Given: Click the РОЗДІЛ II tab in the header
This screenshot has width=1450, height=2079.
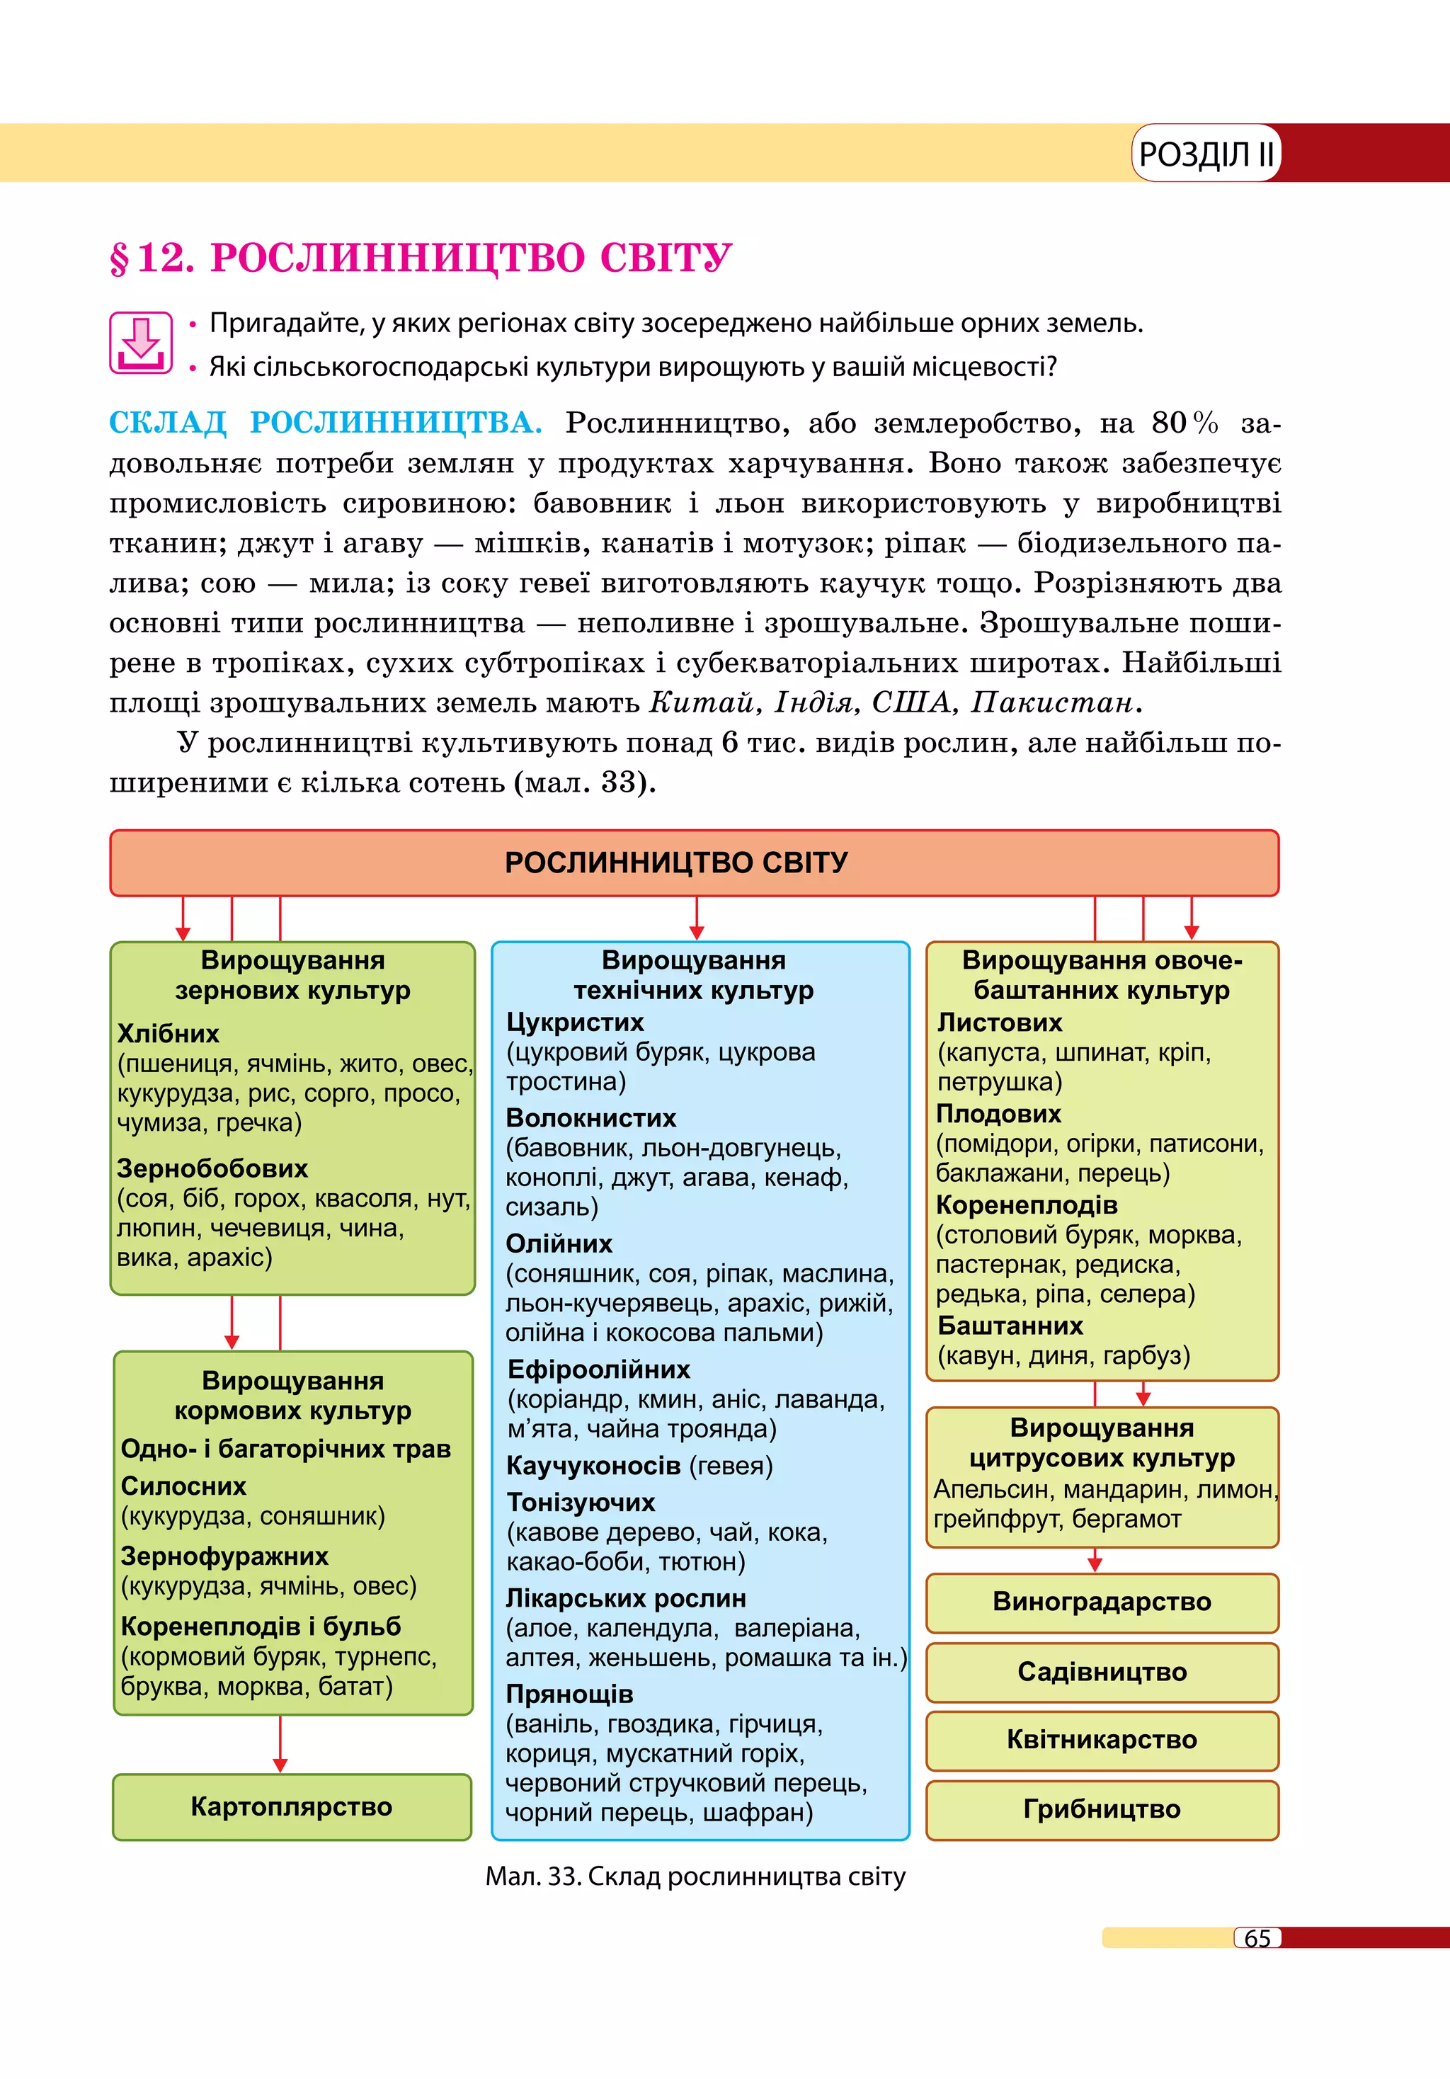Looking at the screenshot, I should tap(1205, 154).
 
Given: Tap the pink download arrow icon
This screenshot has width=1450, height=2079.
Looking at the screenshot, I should tap(140, 342).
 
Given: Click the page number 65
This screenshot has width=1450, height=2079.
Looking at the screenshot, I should tap(1257, 1938).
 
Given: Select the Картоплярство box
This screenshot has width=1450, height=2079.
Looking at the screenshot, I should tap(292, 1806).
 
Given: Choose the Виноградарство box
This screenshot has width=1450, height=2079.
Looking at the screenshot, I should tap(1102, 1601).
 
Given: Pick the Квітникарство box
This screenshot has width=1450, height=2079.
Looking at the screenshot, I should tap(1102, 1739).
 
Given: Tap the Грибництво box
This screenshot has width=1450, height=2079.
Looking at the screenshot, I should tap(1102, 1809).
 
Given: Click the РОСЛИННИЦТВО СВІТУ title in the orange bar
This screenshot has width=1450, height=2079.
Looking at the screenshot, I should tap(676, 862).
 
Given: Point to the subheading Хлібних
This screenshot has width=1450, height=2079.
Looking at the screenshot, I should tap(169, 1033).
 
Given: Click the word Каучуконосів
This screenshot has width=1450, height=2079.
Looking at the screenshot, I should tap(593, 1465).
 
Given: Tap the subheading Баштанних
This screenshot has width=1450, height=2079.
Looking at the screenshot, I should tap(1010, 1326).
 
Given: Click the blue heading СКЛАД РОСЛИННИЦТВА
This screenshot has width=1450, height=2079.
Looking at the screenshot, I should tap(325, 423).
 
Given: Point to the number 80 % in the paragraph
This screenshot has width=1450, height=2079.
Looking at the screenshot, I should tap(1184, 423).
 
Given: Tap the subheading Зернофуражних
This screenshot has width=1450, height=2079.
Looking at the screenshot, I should tap(224, 1556).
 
